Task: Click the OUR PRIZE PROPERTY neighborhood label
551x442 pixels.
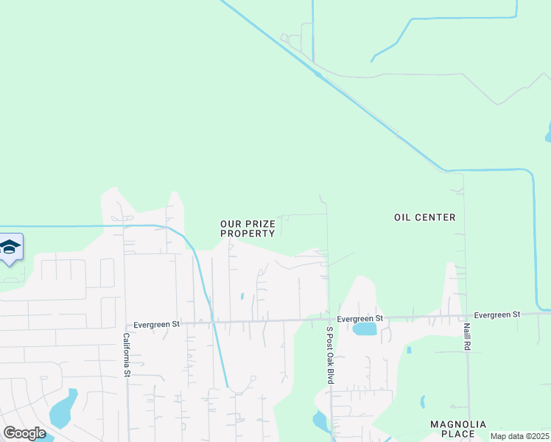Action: pos(248,228)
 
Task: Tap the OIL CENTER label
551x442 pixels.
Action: pos(425,217)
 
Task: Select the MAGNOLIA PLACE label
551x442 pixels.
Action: pos(458,429)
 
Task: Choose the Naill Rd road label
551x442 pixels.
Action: pos(466,336)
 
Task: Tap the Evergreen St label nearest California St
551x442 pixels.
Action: pos(156,323)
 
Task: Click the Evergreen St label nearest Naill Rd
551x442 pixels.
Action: pos(497,315)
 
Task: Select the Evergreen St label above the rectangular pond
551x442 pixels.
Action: pos(360,318)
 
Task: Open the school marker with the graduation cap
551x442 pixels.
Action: pos(10,248)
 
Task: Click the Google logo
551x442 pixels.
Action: pos(24,433)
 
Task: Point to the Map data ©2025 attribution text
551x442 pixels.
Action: pos(519,436)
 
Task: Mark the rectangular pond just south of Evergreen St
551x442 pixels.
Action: pos(365,329)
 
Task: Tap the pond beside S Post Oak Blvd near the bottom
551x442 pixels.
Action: pos(320,421)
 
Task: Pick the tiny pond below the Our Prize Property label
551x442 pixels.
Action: pos(242,297)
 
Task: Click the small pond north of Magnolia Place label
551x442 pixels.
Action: pos(422,402)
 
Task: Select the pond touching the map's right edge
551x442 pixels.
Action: pos(548,133)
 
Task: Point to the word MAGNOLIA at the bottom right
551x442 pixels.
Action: pos(458,424)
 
